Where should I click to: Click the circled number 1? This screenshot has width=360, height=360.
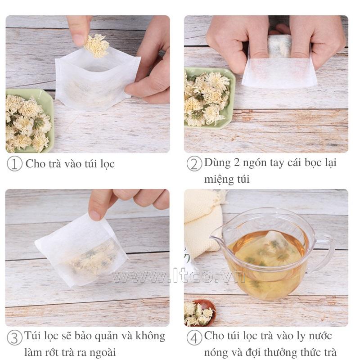(x=14, y=163)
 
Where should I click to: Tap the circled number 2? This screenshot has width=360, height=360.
(x=194, y=164)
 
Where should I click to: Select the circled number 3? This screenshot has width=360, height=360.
(x=14, y=338)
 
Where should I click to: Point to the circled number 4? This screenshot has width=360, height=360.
(x=194, y=338)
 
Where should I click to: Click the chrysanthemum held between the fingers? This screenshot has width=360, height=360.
(x=97, y=46)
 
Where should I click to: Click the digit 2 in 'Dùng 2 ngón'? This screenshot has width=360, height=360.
(x=237, y=162)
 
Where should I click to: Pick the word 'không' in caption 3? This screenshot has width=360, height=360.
(x=150, y=336)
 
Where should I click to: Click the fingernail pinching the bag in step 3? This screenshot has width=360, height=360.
(x=95, y=215)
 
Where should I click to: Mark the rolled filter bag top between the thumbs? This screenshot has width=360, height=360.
(x=279, y=46)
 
